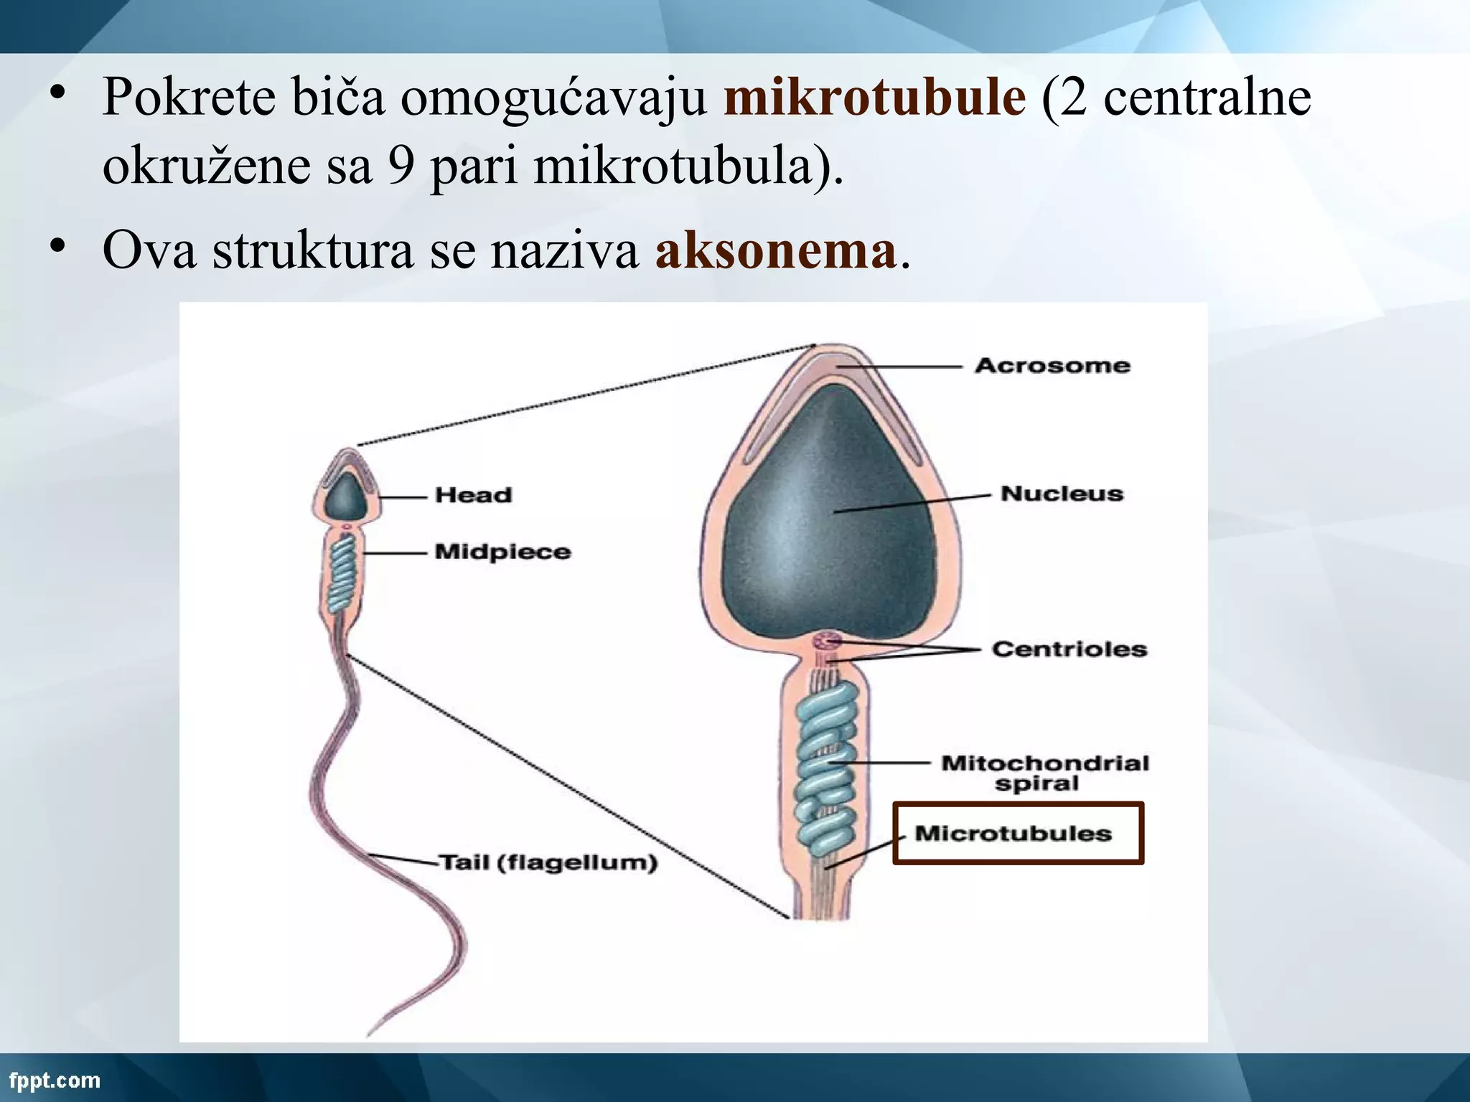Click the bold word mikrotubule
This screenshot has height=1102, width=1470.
click(x=874, y=98)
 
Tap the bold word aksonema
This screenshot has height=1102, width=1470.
click(x=775, y=251)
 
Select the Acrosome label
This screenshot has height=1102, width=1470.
click(x=1052, y=365)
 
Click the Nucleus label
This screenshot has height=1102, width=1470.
click(x=1062, y=494)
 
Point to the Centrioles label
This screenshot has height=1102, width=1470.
click(x=1069, y=649)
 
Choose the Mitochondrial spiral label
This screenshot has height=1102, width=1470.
click(x=1044, y=772)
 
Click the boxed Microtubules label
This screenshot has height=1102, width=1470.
click(x=1013, y=834)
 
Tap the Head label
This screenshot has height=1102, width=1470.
click(x=473, y=495)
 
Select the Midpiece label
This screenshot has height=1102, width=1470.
click(x=502, y=552)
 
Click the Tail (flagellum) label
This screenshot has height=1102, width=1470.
click(x=548, y=862)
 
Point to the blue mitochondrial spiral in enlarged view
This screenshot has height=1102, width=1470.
click(x=825, y=760)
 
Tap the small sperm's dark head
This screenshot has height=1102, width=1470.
click(x=345, y=497)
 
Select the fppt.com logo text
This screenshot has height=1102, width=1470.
click(x=55, y=1080)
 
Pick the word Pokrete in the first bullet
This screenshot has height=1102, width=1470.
click(x=189, y=98)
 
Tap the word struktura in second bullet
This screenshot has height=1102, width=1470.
click(x=312, y=251)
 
